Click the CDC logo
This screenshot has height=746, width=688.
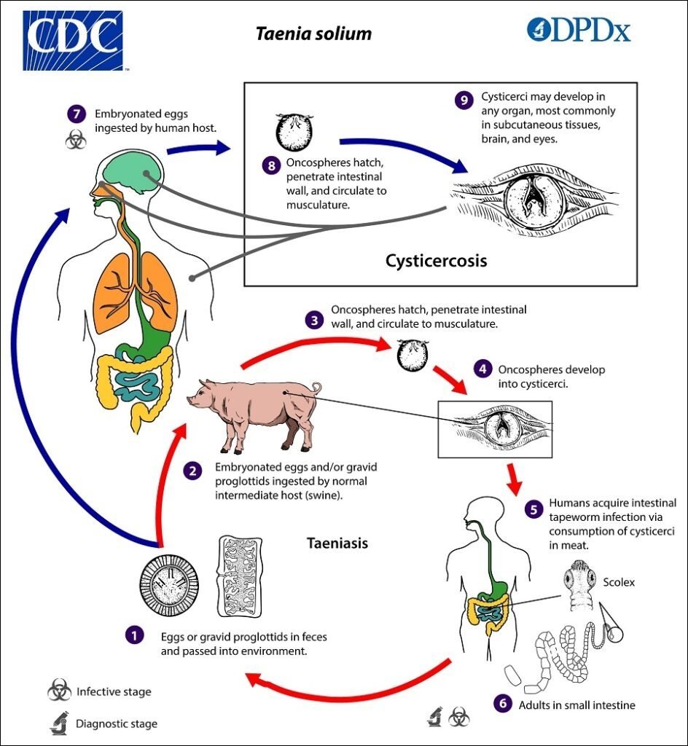coord(72,40)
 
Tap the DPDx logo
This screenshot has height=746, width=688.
coord(579,30)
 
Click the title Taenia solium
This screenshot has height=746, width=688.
coord(313,34)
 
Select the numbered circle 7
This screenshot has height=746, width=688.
coord(76,115)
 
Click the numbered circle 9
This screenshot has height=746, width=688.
coord(464,101)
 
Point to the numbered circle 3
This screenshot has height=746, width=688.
coord(313,319)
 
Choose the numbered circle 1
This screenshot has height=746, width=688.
coord(133,635)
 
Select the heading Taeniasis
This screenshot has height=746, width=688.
coord(337,543)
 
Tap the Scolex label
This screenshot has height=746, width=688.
coord(619,582)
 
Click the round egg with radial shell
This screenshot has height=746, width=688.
coord(172,582)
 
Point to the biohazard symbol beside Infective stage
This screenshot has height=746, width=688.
coord(59,691)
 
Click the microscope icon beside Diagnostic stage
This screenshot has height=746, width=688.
coord(58,723)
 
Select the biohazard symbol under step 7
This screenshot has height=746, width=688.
coord(76,140)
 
